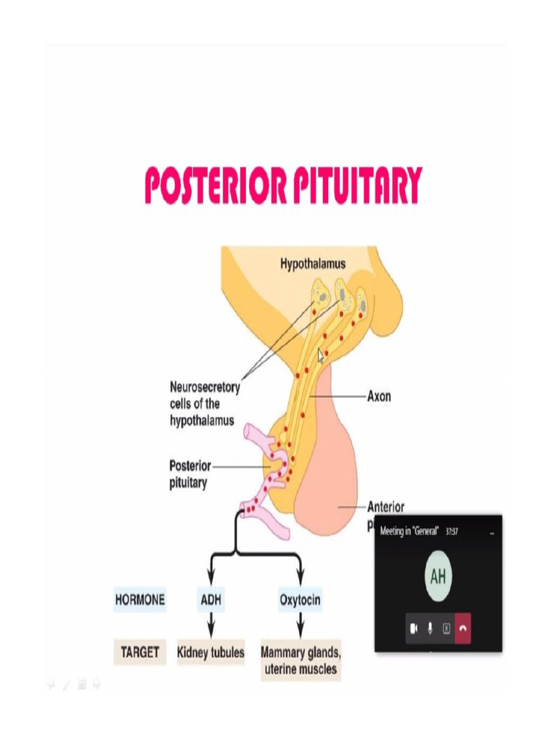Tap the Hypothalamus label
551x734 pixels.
[x=312, y=264]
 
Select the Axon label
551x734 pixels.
[x=379, y=396]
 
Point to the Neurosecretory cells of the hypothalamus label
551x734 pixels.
[x=204, y=404]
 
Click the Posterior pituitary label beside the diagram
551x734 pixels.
[x=189, y=474]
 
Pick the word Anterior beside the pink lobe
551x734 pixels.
[x=386, y=507]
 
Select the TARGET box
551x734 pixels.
[x=139, y=653]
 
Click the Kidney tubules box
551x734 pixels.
[x=211, y=653]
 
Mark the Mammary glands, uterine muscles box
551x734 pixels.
[x=301, y=662]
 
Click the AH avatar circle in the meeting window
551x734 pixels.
[x=438, y=576]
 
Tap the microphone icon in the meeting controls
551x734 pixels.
[x=430, y=628]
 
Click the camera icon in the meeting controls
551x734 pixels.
[x=413, y=628]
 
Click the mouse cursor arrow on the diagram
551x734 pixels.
[x=321, y=356]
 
